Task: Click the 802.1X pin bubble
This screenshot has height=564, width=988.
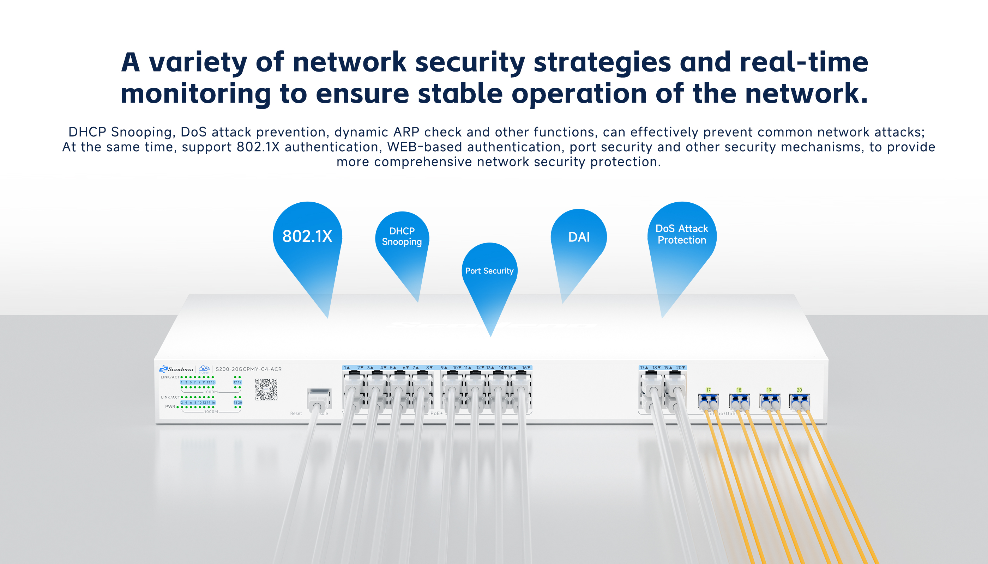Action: point(307,236)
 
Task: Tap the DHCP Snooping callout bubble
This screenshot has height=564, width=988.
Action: point(402,236)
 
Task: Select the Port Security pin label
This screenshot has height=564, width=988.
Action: point(489,271)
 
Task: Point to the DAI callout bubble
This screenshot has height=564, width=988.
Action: point(579,237)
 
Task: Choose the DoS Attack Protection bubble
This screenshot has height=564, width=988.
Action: point(682,234)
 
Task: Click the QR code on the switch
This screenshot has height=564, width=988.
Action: point(266,389)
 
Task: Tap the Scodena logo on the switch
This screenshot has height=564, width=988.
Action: point(176,369)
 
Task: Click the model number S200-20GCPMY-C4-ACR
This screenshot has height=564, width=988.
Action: point(248,369)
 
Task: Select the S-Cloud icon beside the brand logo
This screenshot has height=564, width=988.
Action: point(204,369)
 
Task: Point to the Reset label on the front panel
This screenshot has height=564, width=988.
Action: point(296,413)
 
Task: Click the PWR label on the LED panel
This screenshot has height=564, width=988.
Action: point(170,407)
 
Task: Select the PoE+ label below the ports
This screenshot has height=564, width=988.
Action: point(436,413)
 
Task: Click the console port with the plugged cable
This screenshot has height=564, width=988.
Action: point(319,399)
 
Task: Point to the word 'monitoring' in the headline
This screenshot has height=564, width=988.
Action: point(195,94)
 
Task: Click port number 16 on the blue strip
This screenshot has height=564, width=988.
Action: point(525,368)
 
